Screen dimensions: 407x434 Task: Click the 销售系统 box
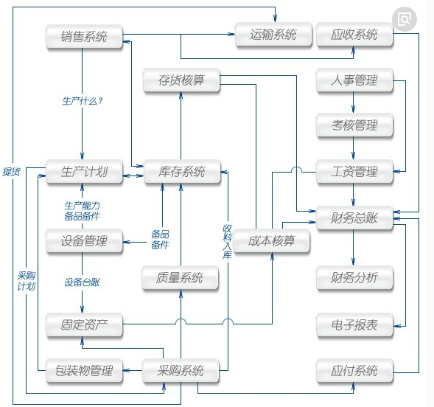[x=84, y=36]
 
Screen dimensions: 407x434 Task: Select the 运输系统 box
[x=273, y=34]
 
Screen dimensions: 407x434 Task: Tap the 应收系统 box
[x=354, y=34]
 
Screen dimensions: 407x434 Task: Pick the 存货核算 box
[x=181, y=80]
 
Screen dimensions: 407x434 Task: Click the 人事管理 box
[x=354, y=80]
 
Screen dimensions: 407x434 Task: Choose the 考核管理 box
[x=354, y=126]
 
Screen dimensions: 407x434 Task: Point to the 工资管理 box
[x=354, y=173]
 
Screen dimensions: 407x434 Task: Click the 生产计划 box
[x=84, y=173]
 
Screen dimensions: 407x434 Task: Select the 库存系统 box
[x=181, y=173]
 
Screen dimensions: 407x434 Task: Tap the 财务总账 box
[x=354, y=218]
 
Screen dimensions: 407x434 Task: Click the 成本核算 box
[x=271, y=240]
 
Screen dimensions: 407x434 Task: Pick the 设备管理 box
[x=84, y=240]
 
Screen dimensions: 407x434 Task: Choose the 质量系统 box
[x=181, y=278]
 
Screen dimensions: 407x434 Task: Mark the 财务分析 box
[x=354, y=278]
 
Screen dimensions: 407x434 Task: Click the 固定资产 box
[x=84, y=324]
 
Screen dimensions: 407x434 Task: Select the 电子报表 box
[x=354, y=324]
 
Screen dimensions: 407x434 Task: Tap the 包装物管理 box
[x=84, y=370]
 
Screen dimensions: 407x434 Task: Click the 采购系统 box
[x=181, y=370]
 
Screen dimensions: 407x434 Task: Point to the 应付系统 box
[x=354, y=370]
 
